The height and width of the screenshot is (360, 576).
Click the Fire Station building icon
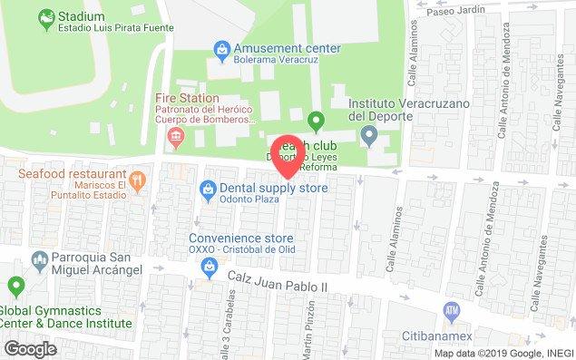176,138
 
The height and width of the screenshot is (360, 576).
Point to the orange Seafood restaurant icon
137,180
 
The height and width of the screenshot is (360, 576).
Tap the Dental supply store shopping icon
208,189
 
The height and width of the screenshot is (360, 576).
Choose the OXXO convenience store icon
209,266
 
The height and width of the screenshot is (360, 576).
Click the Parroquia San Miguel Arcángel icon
39,262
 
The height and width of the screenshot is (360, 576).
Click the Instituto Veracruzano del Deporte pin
368,137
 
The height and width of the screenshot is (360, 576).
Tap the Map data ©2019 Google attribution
502,354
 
